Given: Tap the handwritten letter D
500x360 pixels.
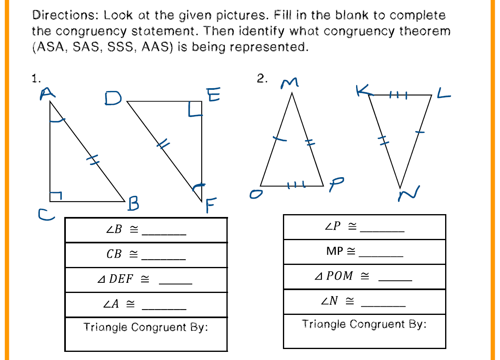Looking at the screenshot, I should pyautogui.click(x=112, y=98).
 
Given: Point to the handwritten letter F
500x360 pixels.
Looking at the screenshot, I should pyautogui.click(x=210, y=206).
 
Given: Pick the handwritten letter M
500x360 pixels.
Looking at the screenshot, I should pyautogui.click(x=290, y=83).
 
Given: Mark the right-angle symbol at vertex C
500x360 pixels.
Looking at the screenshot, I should pyautogui.click(x=56, y=196).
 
